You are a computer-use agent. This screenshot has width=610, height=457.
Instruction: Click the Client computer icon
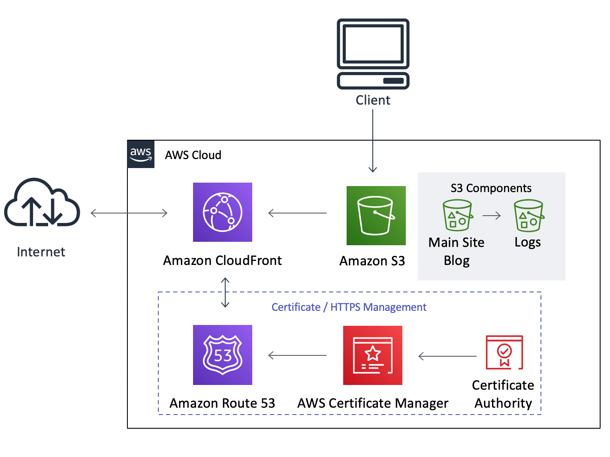coord(373,54)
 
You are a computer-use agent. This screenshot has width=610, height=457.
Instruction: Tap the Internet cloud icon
coord(42,203)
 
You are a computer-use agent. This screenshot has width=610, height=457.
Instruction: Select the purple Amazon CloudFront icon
coord(222,212)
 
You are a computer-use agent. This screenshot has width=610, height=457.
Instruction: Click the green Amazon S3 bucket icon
coord(376,215)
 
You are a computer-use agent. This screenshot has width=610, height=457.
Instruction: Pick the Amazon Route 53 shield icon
coord(222,355)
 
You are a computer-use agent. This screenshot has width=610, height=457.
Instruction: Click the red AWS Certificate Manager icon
coord(372,355)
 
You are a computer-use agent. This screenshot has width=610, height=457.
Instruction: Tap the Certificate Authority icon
coord(504,352)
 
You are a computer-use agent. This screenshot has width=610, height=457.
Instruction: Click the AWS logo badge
coord(141,154)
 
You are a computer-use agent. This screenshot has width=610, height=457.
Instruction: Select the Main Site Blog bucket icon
coord(457,215)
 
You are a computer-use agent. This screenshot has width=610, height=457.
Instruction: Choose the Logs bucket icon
coord(528,215)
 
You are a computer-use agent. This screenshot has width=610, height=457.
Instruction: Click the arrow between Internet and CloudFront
coord(129,213)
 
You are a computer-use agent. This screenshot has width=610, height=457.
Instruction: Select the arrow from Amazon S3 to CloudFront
coord(297,213)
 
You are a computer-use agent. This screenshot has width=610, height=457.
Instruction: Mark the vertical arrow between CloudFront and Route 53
coord(225,292)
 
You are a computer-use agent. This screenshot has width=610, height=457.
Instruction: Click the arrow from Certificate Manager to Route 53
coord(297,355)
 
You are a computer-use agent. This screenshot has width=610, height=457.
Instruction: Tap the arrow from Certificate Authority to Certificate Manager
coord(447,356)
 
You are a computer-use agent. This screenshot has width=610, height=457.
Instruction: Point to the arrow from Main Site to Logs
coord(492,215)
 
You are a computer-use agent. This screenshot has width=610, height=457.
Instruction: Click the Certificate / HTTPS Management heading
coord(349,307)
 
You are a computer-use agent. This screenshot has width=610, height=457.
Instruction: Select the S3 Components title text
coord(491,188)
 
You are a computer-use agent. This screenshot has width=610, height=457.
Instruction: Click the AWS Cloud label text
coord(193,155)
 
